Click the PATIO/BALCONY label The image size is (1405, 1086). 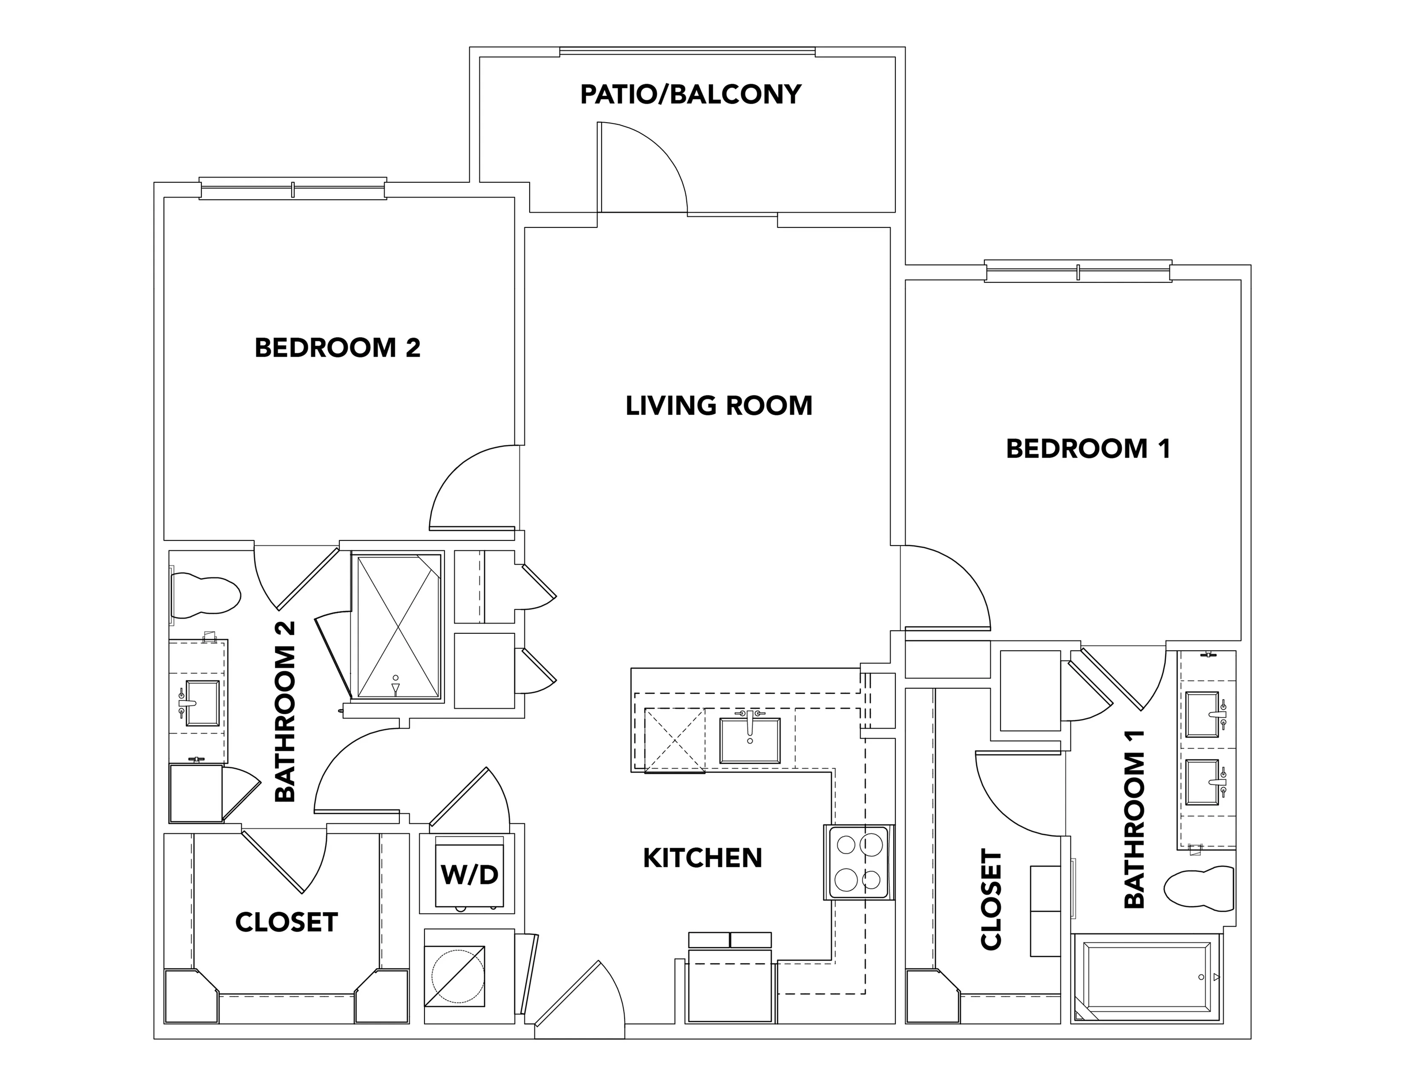click(x=690, y=95)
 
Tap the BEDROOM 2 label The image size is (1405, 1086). click(x=338, y=348)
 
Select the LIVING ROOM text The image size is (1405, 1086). click(x=719, y=406)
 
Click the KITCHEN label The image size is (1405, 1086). click(x=702, y=858)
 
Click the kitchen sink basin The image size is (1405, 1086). click(x=749, y=741)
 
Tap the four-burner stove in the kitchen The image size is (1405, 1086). click(x=859, y=862)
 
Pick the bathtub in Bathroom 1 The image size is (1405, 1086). click(x=1147, y=977)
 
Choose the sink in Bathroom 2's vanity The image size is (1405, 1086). click(x=202, y=703)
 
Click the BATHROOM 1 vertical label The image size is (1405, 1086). click(x=1134, y=819)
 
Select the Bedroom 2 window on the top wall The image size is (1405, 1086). click(x=293, y=189)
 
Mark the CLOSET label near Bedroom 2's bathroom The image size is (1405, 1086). click(x=286, y=922)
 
